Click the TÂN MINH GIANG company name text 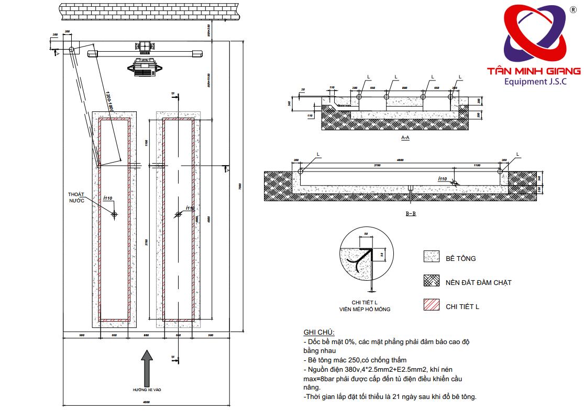[534, 71]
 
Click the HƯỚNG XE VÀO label [147, 390]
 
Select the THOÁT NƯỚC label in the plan [76, 198]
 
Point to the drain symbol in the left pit [114, 214]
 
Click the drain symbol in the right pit [179, 214]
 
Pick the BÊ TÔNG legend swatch [432, 257]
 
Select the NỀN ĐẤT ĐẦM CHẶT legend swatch [432, 281]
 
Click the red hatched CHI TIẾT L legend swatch [432, 305]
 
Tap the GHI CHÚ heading [318, 333]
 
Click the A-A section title [405, 138]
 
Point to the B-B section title [411, 213]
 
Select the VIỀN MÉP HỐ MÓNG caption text [365, 310]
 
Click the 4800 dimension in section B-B [400, 161]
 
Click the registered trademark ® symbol [574, 10]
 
